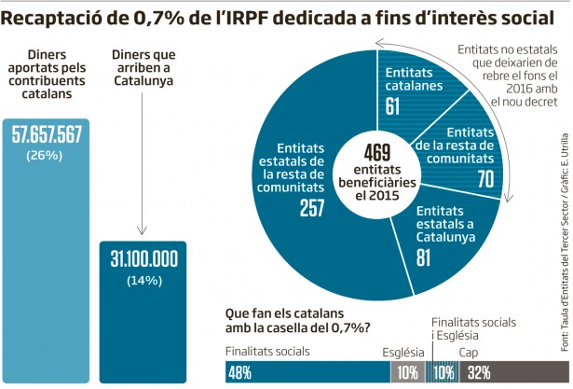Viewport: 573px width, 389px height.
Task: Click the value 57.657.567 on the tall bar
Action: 47,134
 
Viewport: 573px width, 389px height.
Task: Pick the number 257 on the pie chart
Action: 311,209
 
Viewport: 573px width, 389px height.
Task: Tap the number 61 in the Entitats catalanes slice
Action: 392,106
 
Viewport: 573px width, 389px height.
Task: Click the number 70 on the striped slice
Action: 485,178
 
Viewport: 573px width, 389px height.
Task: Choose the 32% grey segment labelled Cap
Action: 503,373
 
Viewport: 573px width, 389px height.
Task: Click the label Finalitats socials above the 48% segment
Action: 267,353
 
